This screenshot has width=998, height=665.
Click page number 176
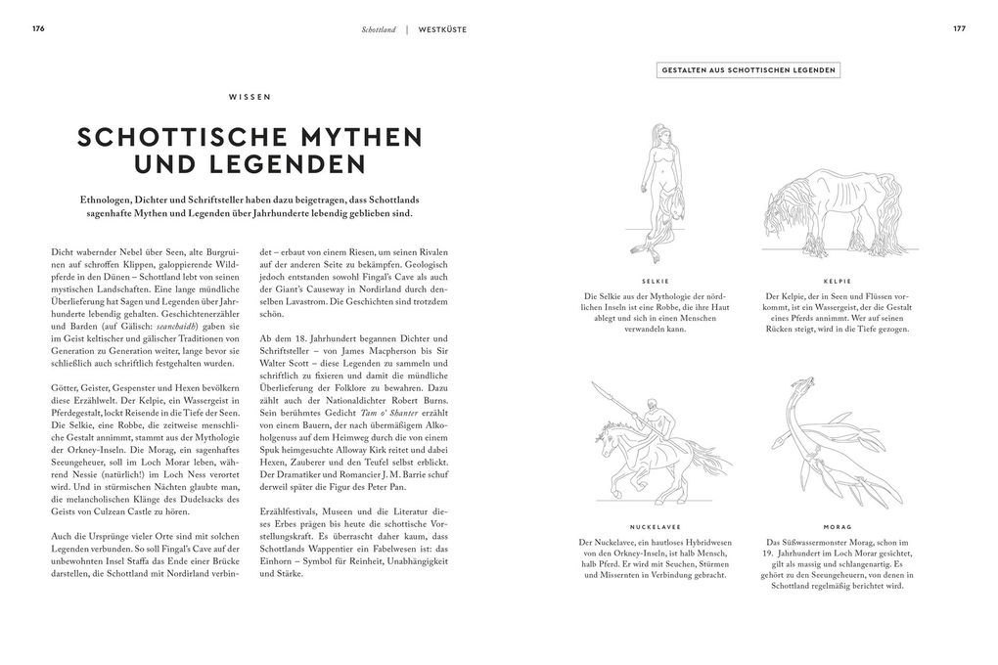tap(38, 28)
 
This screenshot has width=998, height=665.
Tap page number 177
tap(959, 28)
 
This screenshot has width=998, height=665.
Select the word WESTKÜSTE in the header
tap(442, 29)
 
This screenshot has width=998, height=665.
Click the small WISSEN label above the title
tap(250, 97)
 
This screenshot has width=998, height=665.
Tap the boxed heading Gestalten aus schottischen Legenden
tap(748, 70)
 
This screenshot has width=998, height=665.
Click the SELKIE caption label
tap(656, 281)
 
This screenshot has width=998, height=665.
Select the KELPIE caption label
tap(837, 281)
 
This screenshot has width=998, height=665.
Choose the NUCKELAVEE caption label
tap(656, 527)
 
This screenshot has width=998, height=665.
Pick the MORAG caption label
tap(837, 527)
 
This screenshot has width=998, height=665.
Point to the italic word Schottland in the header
tap(378, 29)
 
